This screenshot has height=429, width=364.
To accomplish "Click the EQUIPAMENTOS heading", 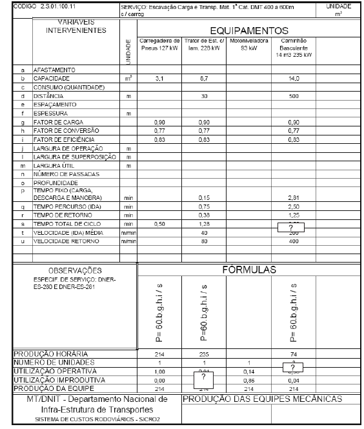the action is pos(248,30).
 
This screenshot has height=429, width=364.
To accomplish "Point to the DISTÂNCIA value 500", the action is pos(294,95).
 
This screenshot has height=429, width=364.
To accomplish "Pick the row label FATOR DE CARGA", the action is pos(56,122).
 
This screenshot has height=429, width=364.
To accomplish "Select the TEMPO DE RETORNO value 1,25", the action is pos(294,215).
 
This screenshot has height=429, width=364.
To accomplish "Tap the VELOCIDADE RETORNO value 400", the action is pos(294,241).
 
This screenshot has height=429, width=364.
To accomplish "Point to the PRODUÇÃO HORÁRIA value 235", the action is pos(204,354).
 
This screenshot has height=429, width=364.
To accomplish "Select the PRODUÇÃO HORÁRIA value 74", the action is pos(294,354).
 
